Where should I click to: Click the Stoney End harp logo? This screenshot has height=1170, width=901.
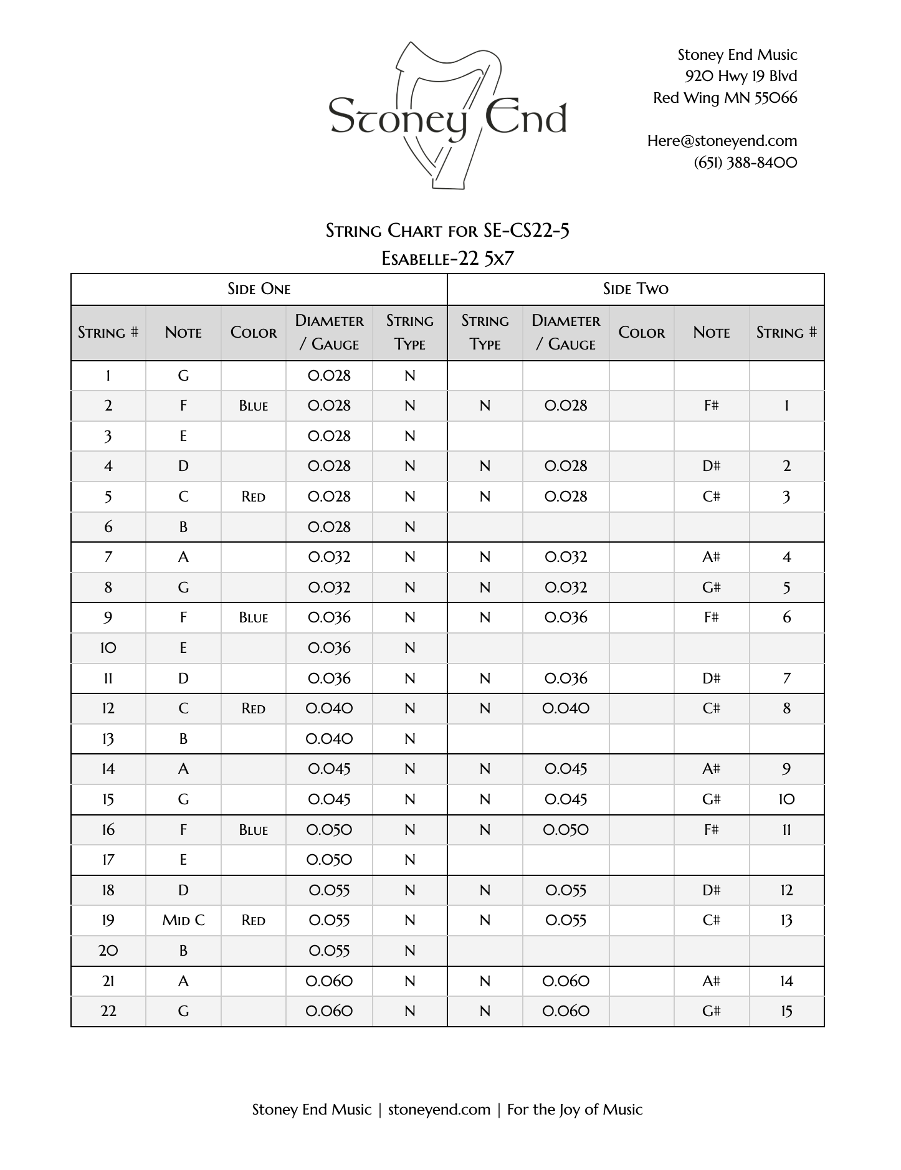pos(447,117)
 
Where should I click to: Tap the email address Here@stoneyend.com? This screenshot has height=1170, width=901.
pos(722,141)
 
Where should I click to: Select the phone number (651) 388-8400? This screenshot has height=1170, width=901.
pos(745,163)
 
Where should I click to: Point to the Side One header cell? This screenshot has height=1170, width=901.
pos(259,289)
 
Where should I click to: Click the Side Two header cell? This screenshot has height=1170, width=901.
pos(636,289)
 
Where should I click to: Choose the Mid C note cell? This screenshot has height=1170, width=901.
pos(183,920)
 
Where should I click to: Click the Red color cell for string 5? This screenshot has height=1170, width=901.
pos(253,497)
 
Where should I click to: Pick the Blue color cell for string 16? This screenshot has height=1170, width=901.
pos(253,830)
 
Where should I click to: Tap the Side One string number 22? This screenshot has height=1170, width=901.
pos(108,1011)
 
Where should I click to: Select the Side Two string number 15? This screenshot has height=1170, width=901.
pos(786,1011)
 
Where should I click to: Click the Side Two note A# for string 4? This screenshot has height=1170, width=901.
pos(711,557)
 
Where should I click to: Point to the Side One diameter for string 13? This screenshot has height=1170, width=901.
pos(329,739)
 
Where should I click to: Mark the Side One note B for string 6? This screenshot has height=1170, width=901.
pos(183,527)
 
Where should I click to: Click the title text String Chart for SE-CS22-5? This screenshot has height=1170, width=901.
pos(447,231)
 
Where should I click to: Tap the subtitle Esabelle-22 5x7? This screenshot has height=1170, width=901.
pos(447,258)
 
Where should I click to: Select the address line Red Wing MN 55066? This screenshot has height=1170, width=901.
pos(725,98)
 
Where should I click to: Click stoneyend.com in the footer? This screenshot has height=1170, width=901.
pos(439,1110)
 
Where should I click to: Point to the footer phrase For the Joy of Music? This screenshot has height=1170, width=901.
pos(574,1110)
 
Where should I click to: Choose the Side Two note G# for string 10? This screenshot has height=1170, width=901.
pos(711,799)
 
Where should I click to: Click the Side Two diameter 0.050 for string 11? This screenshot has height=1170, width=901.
pos(566,830)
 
